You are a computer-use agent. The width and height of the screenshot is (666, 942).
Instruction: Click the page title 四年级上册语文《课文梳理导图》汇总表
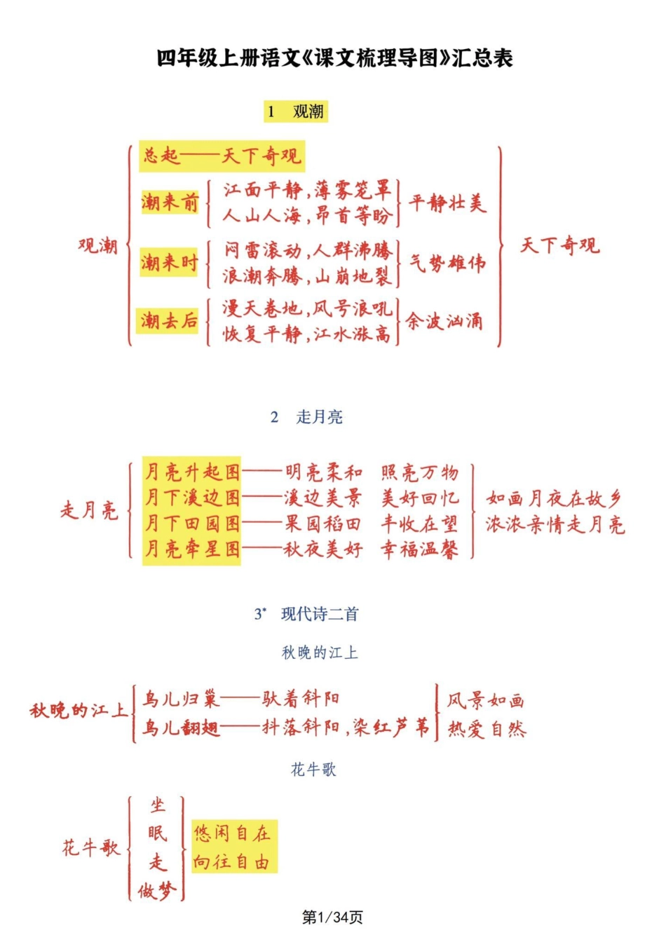click(x=334, y=57)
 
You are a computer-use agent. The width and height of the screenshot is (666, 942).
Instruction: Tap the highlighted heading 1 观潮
click(x=296, y=111)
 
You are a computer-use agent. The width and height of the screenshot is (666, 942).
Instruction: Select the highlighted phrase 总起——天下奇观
click(x=222, y=156)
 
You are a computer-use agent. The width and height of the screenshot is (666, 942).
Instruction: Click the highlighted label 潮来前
click(x=170, y=203)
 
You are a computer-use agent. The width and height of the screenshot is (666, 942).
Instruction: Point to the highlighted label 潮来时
click(x=169, y=263)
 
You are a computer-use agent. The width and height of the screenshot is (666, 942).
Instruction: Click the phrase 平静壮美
click(x=447, y=203)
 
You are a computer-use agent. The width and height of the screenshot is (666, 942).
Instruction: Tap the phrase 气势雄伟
click(x=447, y=264)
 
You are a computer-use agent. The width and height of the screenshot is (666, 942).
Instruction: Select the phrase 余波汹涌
click(x=444, y=322)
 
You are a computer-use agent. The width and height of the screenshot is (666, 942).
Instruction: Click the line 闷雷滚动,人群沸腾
click(x=308, y=250)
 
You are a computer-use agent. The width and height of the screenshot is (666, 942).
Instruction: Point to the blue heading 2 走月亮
click(x=306, y=417)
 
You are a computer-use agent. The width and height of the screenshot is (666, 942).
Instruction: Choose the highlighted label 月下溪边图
click(x=191, y=498)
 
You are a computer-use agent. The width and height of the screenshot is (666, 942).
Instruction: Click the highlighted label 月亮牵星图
click(x=191, y=549)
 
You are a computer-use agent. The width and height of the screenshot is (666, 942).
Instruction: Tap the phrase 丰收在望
click(x=419, y=524)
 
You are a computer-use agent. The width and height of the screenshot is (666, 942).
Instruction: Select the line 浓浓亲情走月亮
click(x=555, y=525)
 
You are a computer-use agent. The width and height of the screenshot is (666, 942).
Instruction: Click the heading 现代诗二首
click(x=319, y=614)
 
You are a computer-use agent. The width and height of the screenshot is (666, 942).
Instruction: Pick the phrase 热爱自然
click(x=487, y=730)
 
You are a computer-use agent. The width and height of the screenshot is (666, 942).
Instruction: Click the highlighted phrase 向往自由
click(x=232, y=861)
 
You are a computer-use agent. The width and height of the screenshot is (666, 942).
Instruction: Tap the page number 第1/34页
click(x=332, y=917)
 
